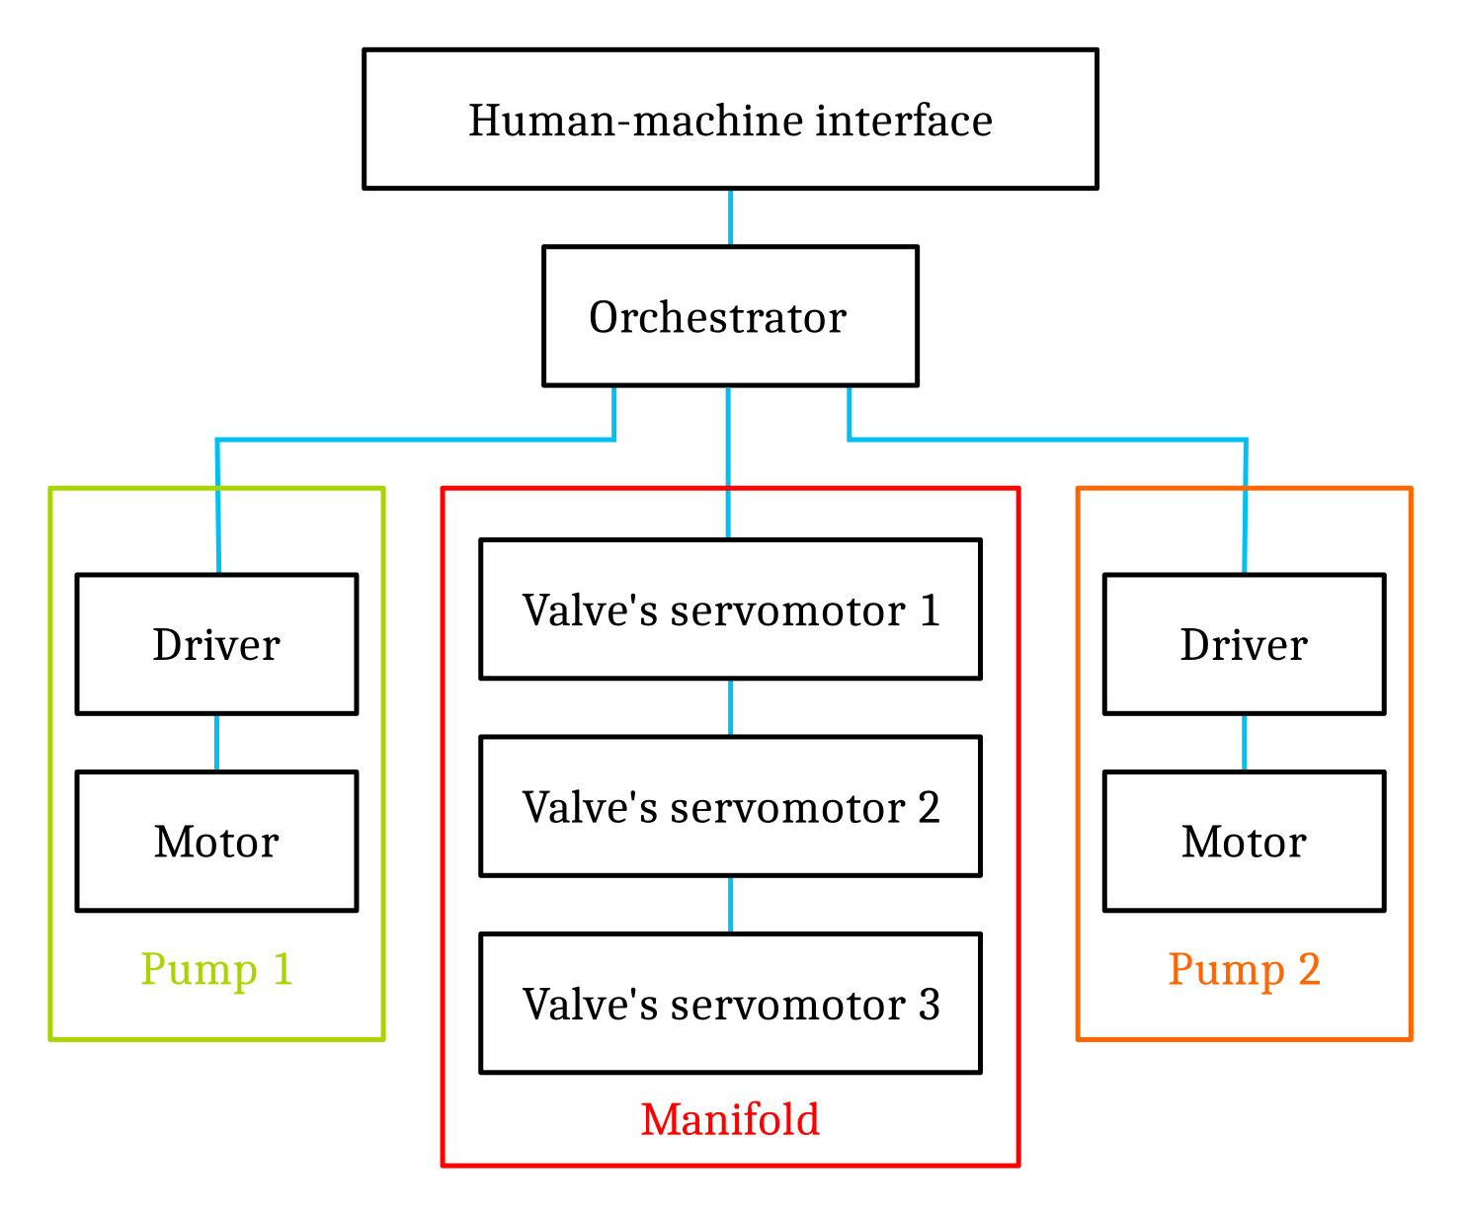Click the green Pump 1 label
click(216, 969)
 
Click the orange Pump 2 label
click(1244, 969)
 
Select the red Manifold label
click(730, 1120)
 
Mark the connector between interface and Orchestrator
click(730, 217)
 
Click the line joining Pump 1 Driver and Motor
click(216, 743)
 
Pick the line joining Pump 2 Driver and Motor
click(1244, 743)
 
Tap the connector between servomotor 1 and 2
click(730, 707)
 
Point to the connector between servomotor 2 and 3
click(730, 905)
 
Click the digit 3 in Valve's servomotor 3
click(929, 1005)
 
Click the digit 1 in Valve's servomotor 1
click(930, 610)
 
